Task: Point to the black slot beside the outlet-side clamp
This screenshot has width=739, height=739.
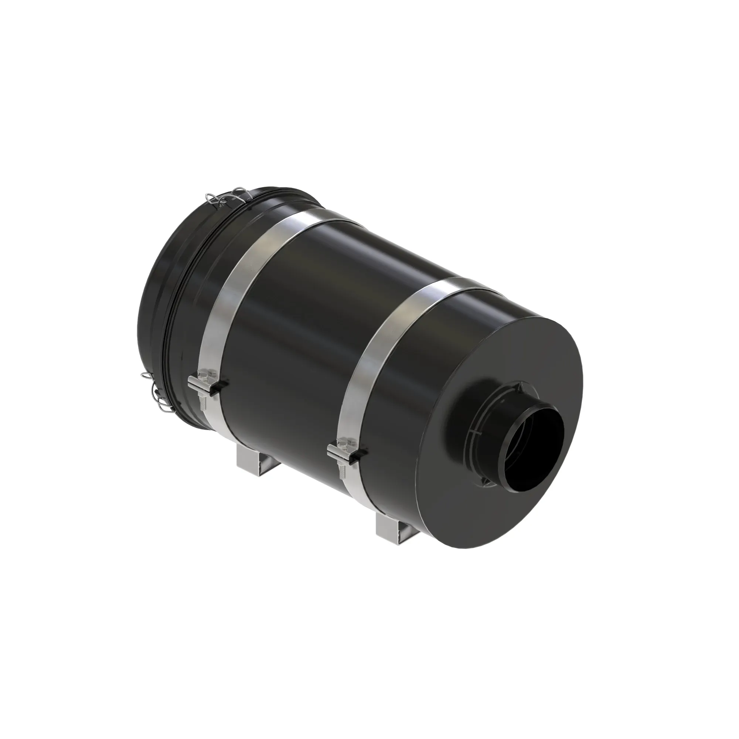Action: pyautogui.click(x=361, y=453)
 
